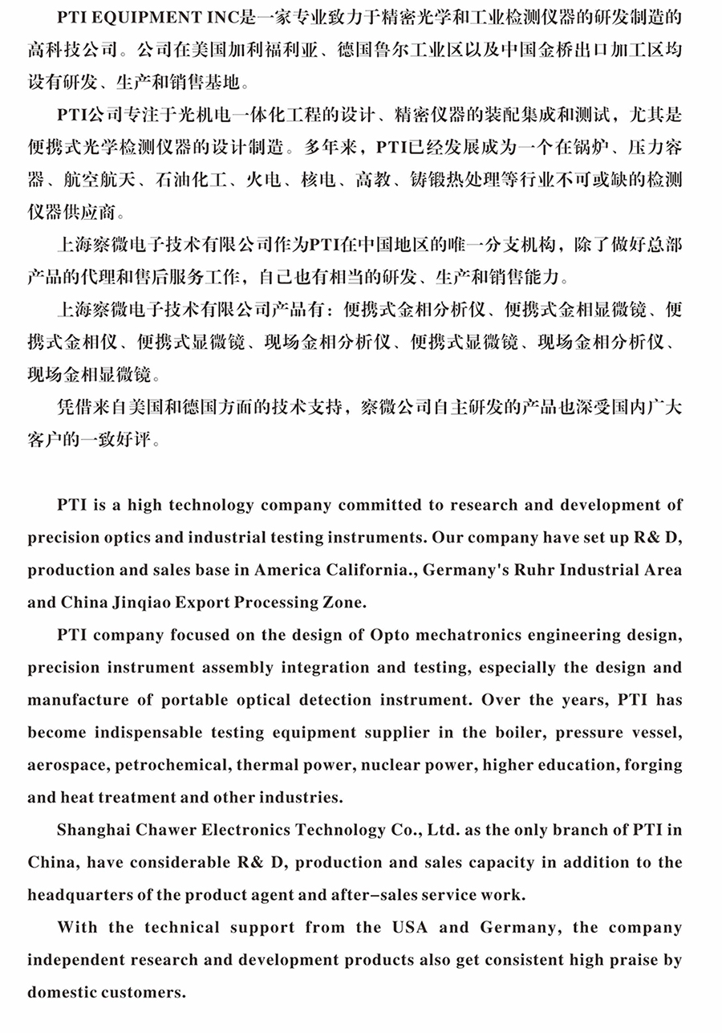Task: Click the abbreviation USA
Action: (x=410, y=928)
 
